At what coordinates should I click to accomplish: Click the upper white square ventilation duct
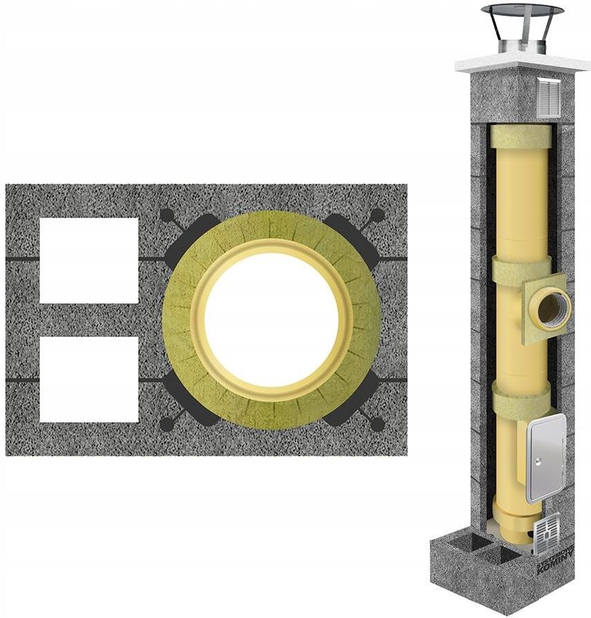pos(88,260)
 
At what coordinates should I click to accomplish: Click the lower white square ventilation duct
pos(88,379)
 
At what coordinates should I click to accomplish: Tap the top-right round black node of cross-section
pos(376,215)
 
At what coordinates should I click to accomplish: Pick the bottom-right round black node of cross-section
pos(376,423)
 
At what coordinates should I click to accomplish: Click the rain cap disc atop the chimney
pos(523,11)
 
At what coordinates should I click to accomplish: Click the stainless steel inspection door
pos(545,458)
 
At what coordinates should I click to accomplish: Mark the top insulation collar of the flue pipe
pos(521,136)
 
